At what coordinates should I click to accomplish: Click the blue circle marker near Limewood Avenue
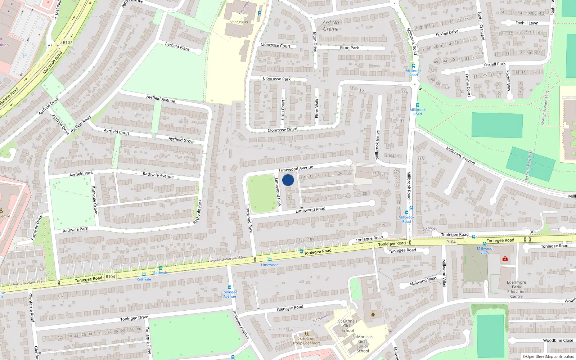[288, 180]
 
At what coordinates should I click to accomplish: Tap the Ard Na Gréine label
[331, 26]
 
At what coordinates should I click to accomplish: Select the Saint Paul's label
[239, 22]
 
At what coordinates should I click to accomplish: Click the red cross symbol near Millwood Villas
[505, 258]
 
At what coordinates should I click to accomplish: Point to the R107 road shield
[67, 42]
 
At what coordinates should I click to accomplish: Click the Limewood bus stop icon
[270, 260]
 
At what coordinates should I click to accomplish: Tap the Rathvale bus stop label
[144, 279]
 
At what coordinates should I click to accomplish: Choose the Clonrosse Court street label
[275, 45]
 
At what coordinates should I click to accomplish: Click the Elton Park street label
[349, 48]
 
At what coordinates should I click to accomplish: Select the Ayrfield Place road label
[177, 46]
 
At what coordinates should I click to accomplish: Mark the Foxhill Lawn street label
[527, 23]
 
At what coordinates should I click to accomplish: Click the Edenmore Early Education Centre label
[516, 289]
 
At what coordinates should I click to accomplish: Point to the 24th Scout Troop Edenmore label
[306, 341]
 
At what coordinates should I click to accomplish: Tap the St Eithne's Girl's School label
[348, 326]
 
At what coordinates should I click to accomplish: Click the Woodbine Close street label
[558, 340]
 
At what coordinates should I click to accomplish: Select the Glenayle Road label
[290, 308]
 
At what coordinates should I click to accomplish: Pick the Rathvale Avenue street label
[158, 175]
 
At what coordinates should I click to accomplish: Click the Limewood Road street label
[310, 210]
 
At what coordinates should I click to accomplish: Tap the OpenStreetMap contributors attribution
[548, 356]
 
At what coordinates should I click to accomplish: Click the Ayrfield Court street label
[116, 132]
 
